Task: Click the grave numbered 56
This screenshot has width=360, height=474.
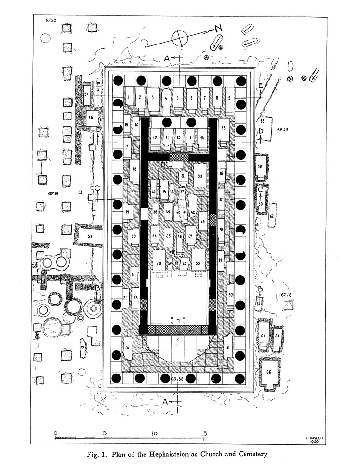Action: point(90,236)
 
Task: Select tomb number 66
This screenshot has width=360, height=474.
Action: point(269,372)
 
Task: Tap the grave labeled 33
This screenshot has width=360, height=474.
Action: point(200,176)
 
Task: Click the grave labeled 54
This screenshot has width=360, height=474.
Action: point(87,94)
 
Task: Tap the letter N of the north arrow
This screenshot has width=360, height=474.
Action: point(218,28)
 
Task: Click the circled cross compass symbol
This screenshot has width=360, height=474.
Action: point(180,37)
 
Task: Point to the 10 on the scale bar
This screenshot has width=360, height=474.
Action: point(154,433)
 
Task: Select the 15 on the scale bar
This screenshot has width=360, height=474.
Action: point(204,433)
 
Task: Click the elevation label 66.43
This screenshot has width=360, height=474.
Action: point(283,129)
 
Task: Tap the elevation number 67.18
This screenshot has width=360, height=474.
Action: point(284,295)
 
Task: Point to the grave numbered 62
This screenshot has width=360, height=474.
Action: point(272,216)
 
